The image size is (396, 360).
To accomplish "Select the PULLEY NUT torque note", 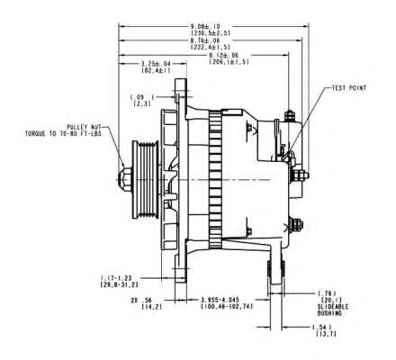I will tap(67, 136).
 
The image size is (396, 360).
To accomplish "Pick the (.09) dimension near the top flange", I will tap(137, 96).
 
